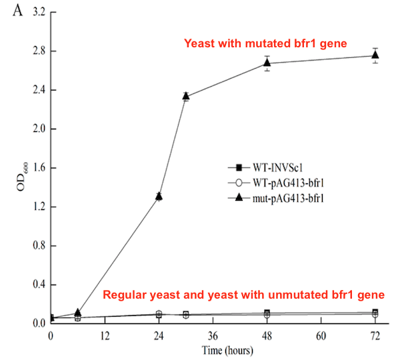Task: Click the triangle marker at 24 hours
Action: [159, 196]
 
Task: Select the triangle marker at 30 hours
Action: [186, 97]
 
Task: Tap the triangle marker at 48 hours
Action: [267, 63]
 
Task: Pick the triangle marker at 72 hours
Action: [375, 55]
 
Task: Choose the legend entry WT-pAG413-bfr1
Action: [265, 182]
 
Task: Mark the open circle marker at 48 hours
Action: [267, 315]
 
